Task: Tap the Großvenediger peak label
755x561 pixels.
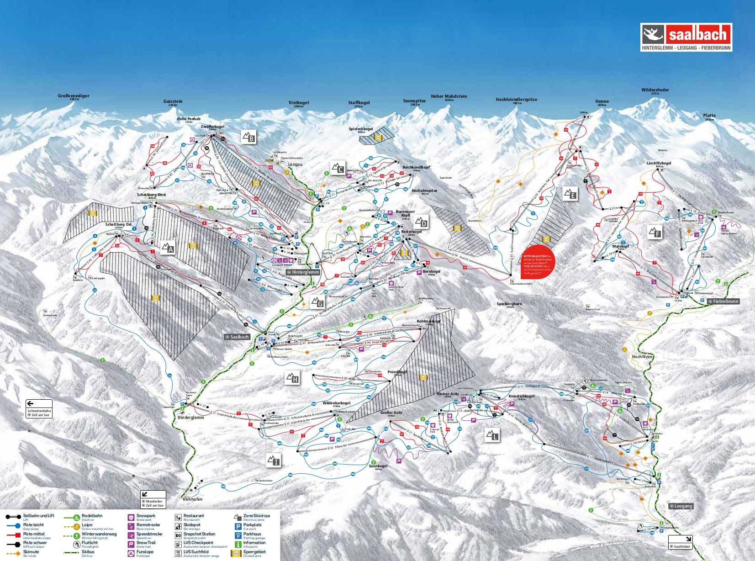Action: pos(74,96)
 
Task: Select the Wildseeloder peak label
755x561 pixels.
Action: pos(655,90)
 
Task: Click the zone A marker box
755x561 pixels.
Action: pos(168,248)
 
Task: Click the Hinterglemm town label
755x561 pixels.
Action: pos(303,272)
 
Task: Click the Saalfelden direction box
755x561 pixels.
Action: pos(681,542)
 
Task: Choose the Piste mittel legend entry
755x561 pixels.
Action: pos(33,534)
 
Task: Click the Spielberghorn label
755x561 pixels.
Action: pos(509,304)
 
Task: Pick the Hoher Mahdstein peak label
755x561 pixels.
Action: pos(449,97)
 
